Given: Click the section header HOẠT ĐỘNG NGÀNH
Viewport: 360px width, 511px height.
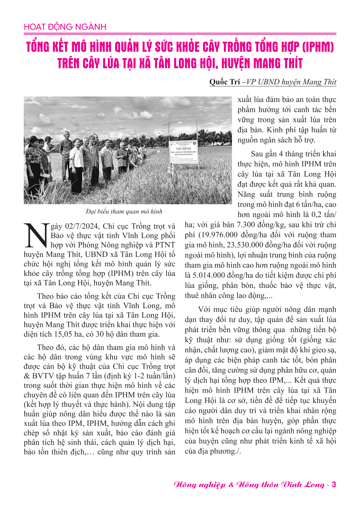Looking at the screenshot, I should click(65, 27).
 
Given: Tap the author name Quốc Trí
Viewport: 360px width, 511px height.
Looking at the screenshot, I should click(224, 82).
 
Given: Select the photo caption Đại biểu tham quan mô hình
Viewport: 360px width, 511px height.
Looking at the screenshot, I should click(124, 212).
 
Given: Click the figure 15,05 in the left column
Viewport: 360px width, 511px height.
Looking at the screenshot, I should click(64, 334).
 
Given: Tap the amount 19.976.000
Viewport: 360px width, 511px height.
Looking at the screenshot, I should click(219, 235).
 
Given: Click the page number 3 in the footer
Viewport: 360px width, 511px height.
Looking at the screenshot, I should click(334, 484).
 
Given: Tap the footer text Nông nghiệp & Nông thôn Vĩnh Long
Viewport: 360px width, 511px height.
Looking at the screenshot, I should click(249, 485).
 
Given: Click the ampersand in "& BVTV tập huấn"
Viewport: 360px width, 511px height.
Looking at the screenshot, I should click(27, 376).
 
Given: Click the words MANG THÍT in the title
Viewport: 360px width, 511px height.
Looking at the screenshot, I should click(278, 63).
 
